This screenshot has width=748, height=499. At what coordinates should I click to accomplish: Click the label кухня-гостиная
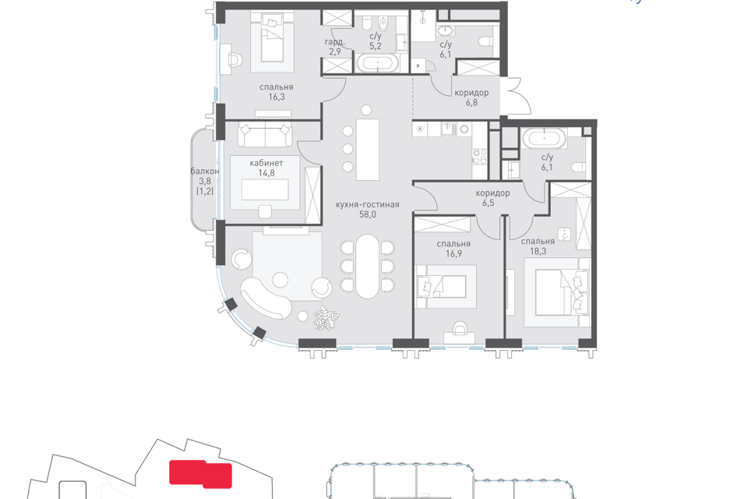tap(367, 204)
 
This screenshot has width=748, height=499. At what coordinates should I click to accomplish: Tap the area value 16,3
tap(276, 97)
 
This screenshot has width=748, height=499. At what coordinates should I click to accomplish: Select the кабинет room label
tap(266, 163)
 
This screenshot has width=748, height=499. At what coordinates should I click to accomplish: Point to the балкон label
tap(205, 171)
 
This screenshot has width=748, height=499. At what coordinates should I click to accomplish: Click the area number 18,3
tap(538, 251)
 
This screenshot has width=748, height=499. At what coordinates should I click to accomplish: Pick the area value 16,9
tap(453, 253)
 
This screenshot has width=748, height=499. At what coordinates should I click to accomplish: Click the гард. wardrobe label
tap(334, 42)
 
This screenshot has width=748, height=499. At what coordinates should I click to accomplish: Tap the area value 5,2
tap(376, 46)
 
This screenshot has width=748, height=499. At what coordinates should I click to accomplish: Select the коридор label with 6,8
tap(471, 93)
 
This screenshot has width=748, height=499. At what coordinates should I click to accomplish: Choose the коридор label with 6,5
tap(492, 193)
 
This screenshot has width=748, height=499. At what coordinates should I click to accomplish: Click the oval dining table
tap(367, 266)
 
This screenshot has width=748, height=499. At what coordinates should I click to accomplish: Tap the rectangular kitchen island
tap(367, 150)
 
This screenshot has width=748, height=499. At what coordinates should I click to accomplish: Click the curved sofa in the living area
tap(265, 299)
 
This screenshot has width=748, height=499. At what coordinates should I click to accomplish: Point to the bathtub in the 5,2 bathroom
tap(379, 63)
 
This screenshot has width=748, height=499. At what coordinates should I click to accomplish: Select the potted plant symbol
tap(326, 317)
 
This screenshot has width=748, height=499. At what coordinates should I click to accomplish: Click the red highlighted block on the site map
tap(201, 474)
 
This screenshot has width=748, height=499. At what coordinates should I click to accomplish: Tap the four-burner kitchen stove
tap(479, 157)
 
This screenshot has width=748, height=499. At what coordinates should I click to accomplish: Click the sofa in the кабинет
tap(265, 135)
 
